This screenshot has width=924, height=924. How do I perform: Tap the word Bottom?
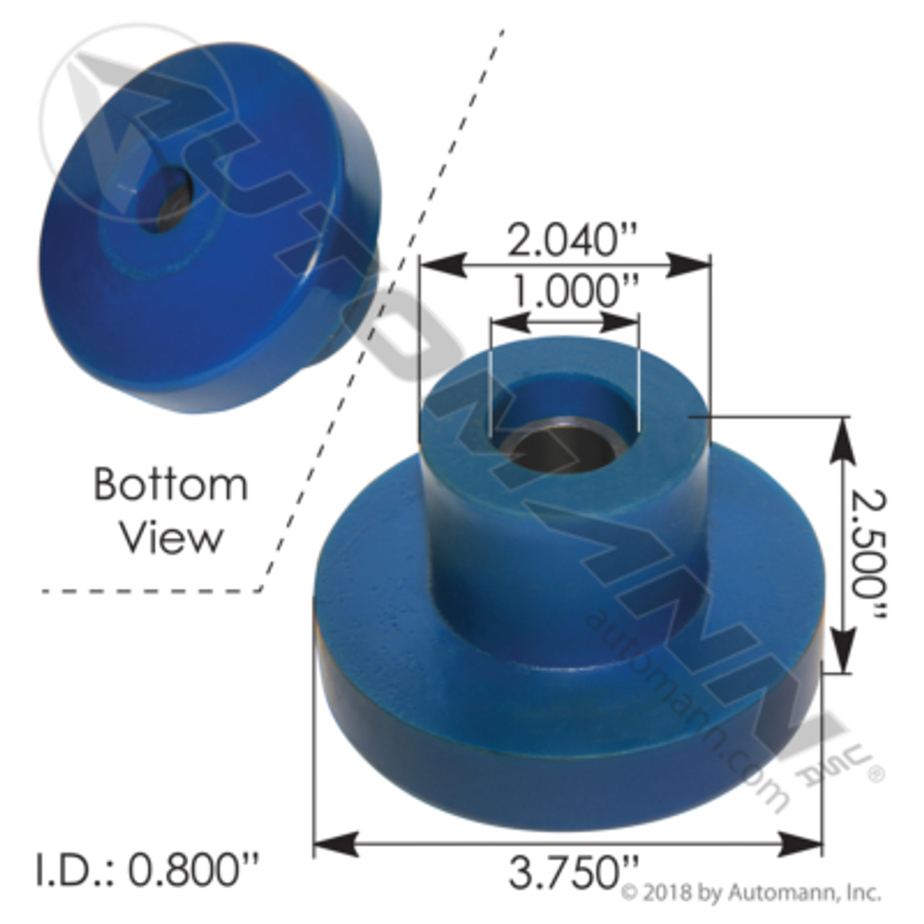click(x=170, y=484)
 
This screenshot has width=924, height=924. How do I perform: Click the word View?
click(x=171, y=538)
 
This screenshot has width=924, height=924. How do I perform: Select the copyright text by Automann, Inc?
click(x=751, y=893)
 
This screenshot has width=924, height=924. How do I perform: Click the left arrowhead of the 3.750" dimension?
click(x=336, y=843)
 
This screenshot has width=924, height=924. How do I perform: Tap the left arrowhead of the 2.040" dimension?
click(x=442, y=265)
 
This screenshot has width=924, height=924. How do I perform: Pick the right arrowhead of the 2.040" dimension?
click(x=689, y=265)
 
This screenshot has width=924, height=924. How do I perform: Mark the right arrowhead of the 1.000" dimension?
click(x=619, y=321)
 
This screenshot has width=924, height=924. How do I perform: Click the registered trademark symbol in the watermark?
click(x=874, y=775)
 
